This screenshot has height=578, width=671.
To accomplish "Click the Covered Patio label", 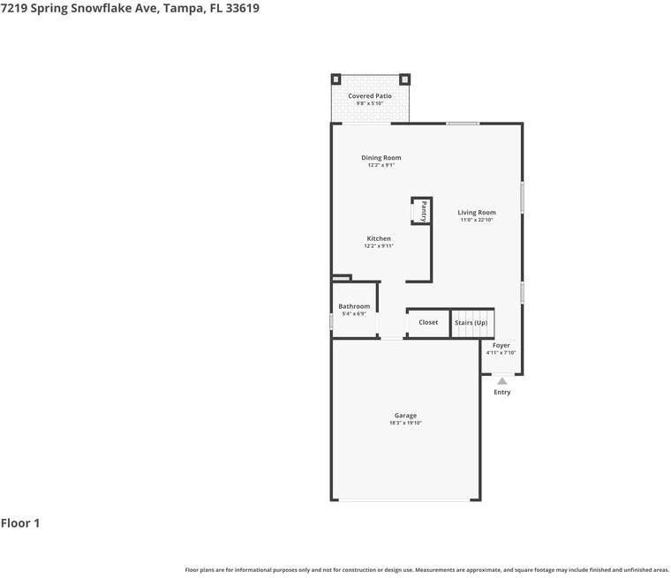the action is [370, 96].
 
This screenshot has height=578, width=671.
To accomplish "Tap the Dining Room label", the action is [381, 157].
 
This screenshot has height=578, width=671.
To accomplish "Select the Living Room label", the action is [477, 212].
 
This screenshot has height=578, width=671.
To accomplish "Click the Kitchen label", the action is [379, 238].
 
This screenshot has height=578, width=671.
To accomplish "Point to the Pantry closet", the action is [422, 211].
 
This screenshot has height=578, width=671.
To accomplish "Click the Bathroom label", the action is [354, 306].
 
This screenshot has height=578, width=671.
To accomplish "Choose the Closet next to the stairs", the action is [428, 322].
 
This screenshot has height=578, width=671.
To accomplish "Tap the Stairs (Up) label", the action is [471, 323].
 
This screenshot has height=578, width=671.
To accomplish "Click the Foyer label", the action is [501, 345].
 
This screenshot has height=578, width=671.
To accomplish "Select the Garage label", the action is [405, 416].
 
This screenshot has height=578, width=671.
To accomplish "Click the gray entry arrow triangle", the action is [502, 381].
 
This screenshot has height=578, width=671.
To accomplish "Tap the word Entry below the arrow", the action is [502, 392].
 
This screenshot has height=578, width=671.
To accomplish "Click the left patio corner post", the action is [335, 79].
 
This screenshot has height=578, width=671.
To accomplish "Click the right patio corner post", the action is [405, 79].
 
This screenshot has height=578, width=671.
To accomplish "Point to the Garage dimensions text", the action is [405, 423].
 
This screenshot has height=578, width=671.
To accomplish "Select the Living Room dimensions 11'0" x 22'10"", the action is [477, 220].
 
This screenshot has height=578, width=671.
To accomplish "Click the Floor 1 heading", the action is [20, 522].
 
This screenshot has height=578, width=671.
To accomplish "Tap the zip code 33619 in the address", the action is [242, 8].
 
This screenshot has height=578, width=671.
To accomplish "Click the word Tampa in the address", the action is [184, 9].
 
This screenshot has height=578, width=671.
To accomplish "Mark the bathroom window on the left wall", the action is [331, 322].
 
